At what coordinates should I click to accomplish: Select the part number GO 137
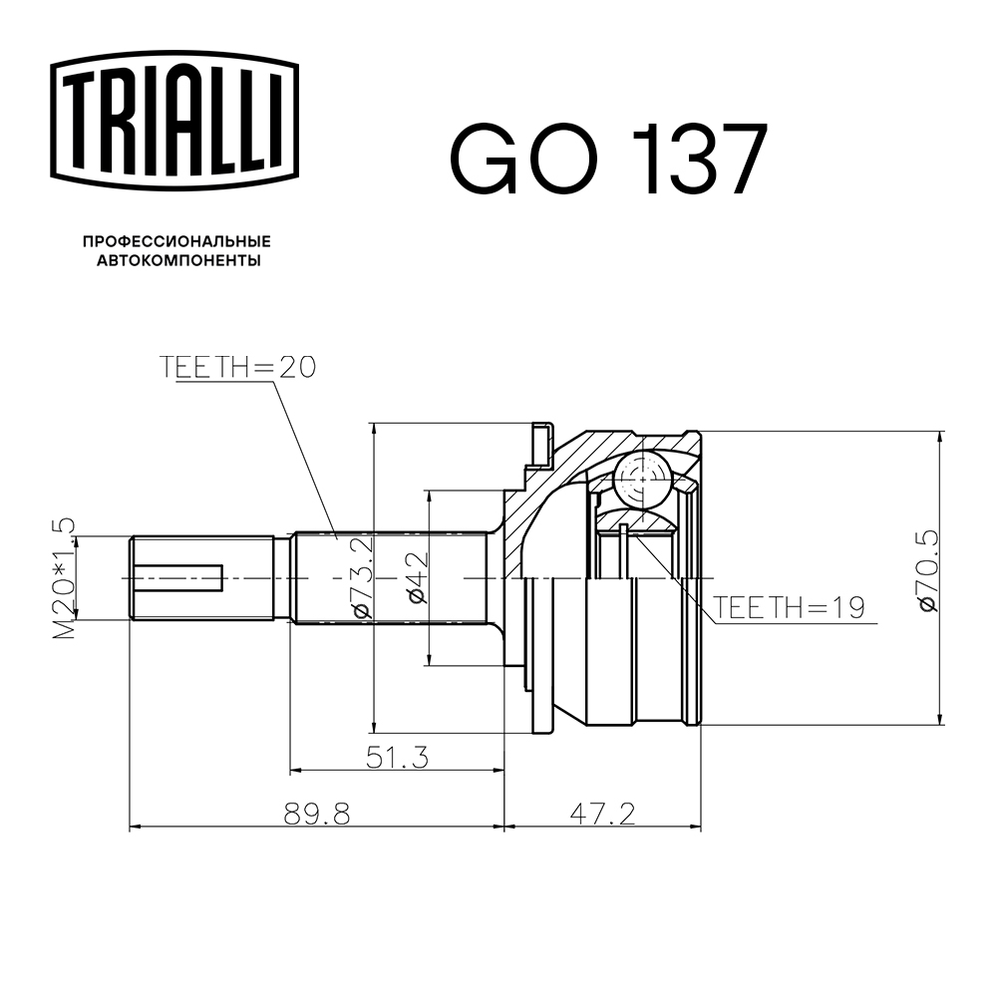point(609,159)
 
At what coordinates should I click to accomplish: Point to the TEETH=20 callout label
point(237,368)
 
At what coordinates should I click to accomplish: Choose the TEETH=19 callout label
point(788,607)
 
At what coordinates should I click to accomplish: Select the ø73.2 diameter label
point(360,577)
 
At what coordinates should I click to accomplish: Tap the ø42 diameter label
point(417,578)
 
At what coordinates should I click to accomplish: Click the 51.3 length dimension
point(396,758)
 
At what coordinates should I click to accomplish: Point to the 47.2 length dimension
point(603,815)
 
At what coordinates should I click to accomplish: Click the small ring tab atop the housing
point(539,445)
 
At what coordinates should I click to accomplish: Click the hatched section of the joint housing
point(528,518)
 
